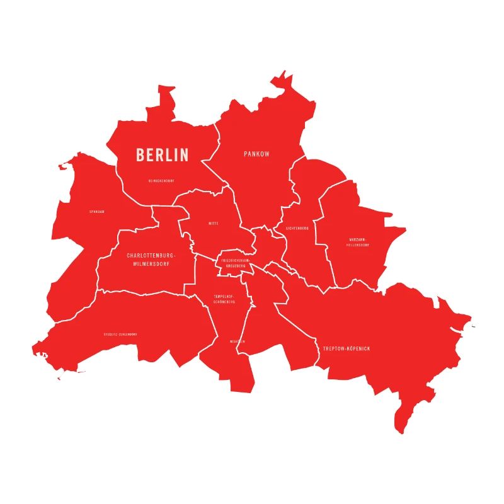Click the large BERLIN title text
point(163,154)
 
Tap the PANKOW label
point(256,154)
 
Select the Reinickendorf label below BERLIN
point(161,181)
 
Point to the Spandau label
point(97,212)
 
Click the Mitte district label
point(214,224)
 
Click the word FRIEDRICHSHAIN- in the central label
point(236,260)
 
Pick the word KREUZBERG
point(236,266)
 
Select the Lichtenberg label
point(297,228)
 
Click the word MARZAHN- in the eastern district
point(358,239)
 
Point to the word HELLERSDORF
point(358,245)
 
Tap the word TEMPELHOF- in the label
point(224,296)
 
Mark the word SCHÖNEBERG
point(224,302)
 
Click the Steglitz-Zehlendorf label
point(120,335)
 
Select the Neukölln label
point(238,341)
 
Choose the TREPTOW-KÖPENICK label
point(346,348)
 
